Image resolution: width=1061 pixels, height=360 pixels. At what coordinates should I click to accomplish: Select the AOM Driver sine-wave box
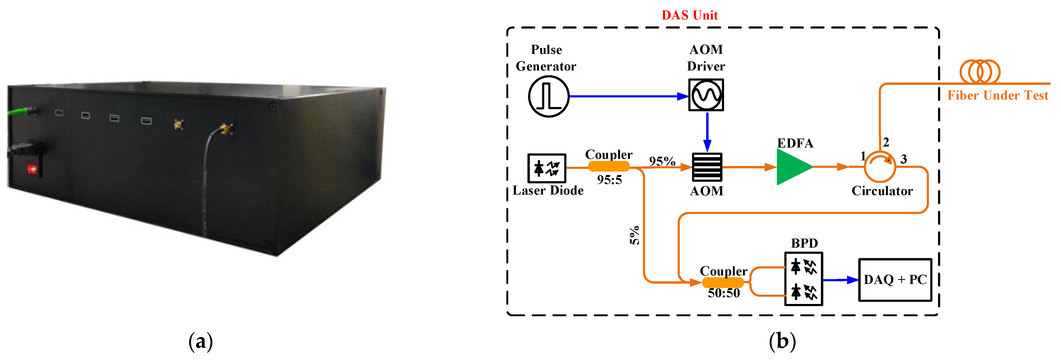[x=706, y=95]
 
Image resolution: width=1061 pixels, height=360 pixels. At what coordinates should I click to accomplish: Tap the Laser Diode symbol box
[x=547, y=168]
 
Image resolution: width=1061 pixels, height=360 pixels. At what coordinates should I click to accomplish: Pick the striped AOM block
[x=707, y=167]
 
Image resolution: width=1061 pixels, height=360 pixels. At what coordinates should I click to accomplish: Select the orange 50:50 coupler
[x=722, y=283]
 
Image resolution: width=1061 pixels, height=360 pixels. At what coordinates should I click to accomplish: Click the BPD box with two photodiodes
[x=803, y=279]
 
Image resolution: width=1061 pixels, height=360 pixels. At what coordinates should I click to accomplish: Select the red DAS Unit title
[x=689, y=15]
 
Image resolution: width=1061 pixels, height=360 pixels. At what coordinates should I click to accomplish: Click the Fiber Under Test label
[x=997, y=96]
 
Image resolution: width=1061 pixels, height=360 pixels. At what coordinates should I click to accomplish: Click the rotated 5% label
[x=635, y=235]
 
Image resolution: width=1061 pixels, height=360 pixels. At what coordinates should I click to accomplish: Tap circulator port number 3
[x=903, y=159]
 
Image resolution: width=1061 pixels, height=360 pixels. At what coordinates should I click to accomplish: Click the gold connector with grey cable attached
[x=225, y=129]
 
